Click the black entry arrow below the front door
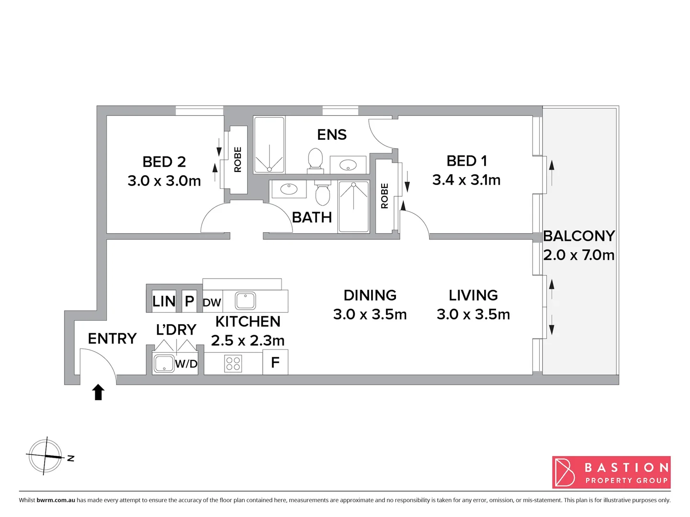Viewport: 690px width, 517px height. (x=98, y=392)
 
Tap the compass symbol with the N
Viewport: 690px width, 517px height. (x=45, y=456)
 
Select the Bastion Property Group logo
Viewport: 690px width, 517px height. (x=611, y=472)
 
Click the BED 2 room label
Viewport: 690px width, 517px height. (x=164, y=162)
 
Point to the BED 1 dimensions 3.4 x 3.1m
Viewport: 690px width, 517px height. (x=466, y=180)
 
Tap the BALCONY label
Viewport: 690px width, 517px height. (x=578, y=236)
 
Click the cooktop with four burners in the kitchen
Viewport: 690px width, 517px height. (x=233, y=364)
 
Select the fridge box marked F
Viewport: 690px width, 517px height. (x=275, y=362)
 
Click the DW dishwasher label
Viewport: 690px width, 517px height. (x=212, y=303)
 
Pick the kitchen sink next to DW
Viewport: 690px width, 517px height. (x=245, y=301)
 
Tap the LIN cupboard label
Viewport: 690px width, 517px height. (x=163, y=302)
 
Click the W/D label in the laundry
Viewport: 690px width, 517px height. (x=186, y=364)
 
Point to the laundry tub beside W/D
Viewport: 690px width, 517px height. (x=163, y=363)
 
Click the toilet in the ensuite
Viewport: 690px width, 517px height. (x=315, y=159)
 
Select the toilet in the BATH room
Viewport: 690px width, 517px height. (x=323, y=193)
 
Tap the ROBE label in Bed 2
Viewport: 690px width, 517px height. (x=238, y=159)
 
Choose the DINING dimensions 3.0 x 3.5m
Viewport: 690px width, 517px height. (x=370, y=315)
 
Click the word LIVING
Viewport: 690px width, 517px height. (x=473, y=295)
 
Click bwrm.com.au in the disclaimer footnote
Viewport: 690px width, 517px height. (x=56, y=500)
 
